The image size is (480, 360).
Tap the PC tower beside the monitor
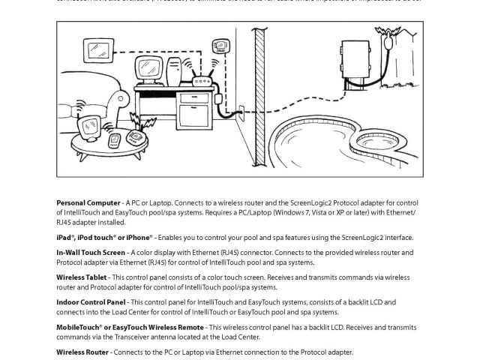[175, 73]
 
